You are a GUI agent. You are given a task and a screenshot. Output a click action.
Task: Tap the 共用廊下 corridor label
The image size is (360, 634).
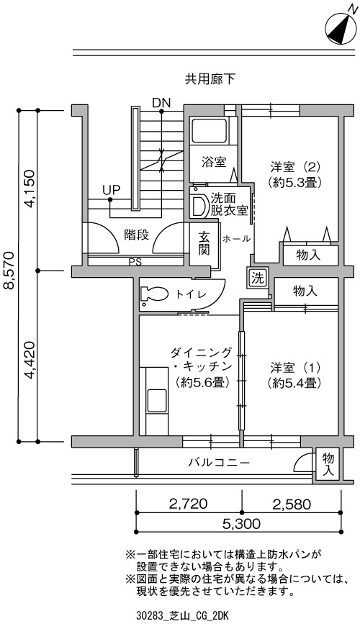pyautogui.click(x=210, y=79)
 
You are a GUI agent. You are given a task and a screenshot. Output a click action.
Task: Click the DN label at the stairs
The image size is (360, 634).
pyautogui.click(x=161, y=103)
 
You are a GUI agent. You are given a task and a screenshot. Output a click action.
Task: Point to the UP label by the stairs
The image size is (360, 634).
pyautogui.click(x=111, y=190)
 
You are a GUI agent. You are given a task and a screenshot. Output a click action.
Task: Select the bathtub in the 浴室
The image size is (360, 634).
pyautogui.click(x=209, y=130)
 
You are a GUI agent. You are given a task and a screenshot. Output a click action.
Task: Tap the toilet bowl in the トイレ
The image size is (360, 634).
pyautogui.click(x=155, y=294)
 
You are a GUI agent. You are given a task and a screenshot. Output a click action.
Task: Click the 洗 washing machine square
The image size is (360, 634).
pyautogui.click(x=257, y=278)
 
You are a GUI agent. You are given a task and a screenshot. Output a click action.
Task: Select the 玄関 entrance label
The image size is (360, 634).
pyautogui.click(x=204, y=243)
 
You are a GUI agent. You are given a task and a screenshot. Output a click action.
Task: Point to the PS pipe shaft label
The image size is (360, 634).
pyautogui.click(x=135, y=262)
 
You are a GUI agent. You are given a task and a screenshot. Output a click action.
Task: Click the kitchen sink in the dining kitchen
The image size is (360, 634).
pyautogui.click(x=157, y=400)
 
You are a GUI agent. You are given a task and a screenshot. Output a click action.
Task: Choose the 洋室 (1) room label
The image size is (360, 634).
pyautogui.click(x=295, y=375)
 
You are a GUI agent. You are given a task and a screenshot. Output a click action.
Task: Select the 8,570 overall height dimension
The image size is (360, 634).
pyautogui.click(x=9, y=271)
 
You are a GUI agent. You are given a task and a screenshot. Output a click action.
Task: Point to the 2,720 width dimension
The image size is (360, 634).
pyautogui.click(x=189, y=504)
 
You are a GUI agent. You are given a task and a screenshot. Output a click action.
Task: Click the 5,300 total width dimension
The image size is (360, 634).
pyautogui.click(x=240, y=524)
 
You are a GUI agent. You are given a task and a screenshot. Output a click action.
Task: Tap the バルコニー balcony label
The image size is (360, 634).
pyautogui.click(x=219, y=462)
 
